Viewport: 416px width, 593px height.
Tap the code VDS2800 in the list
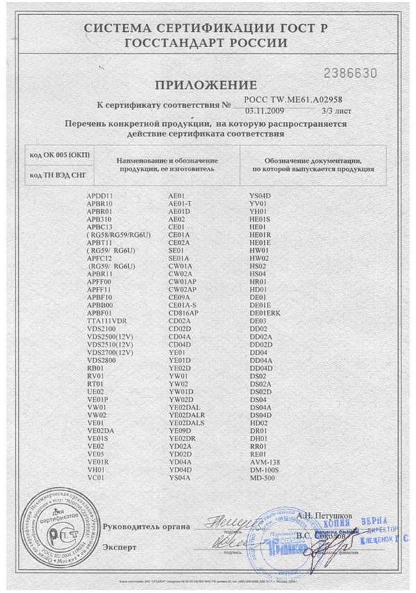pyautogui.click(x=102, y=360)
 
